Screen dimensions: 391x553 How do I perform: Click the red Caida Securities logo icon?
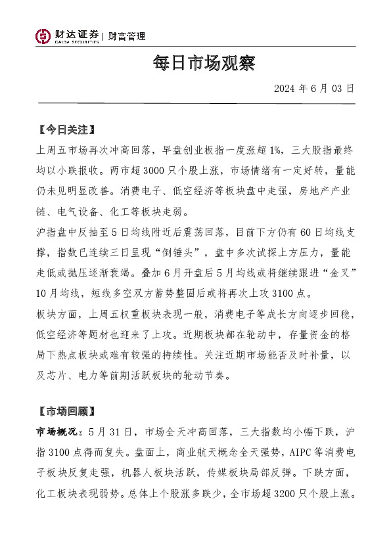[43, 36]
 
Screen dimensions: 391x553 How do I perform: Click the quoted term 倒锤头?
[187, 253]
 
